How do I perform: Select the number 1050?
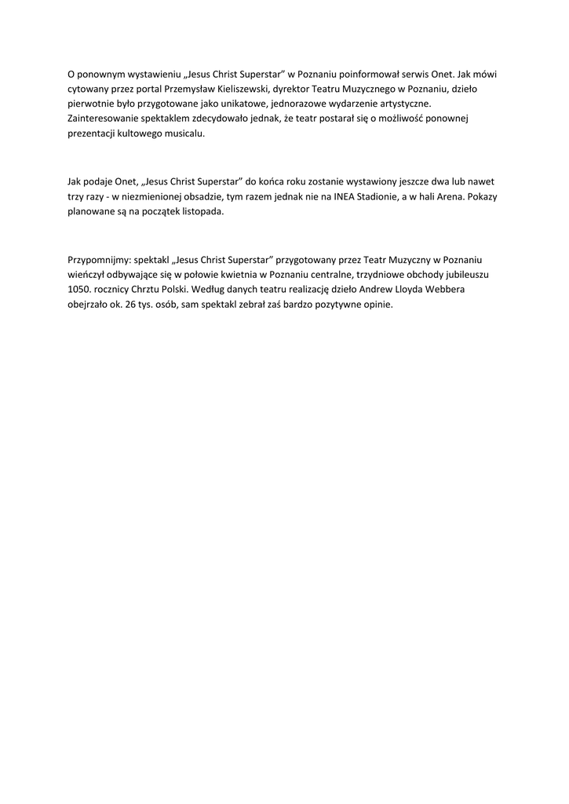point(81,290)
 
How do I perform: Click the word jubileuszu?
point(469,275)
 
